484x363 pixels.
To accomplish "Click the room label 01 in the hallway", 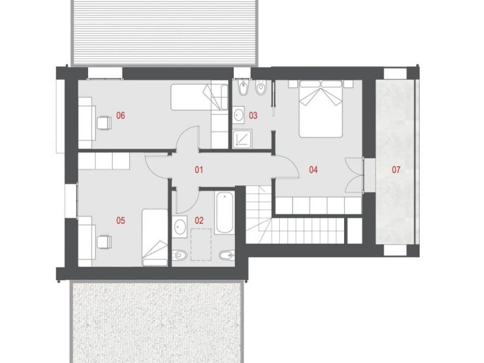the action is point(199,170).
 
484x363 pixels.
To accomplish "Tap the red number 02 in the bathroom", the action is point(199,220).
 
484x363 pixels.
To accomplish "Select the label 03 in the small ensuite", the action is point(253,115).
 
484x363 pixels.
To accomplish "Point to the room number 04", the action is point(313,170).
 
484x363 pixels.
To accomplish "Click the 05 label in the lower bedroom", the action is point(121,220).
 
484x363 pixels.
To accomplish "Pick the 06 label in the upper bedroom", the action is point(121,115).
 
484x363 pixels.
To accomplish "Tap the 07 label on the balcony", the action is point(396,170).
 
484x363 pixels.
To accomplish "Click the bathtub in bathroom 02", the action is point(225,213).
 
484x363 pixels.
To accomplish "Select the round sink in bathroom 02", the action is point(179,226).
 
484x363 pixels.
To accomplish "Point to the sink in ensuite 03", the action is point(238,115).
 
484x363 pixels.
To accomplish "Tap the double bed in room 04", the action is point(321,109).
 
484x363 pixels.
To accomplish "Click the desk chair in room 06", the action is point(104,122).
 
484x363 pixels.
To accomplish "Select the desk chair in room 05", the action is point(104,242).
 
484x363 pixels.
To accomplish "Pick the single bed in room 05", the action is point(155,237).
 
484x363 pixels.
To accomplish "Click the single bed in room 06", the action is point(200,96).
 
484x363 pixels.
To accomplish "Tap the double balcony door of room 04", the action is point(354,175).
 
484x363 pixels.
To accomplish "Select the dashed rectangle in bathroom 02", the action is point(201,244).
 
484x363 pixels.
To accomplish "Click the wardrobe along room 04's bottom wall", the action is point(318,206).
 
